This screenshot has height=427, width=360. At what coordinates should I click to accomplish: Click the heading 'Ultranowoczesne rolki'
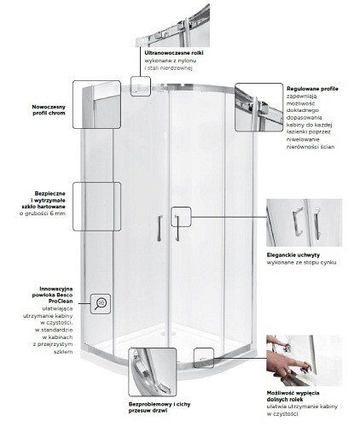174,53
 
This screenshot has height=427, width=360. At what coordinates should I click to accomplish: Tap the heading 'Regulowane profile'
312,89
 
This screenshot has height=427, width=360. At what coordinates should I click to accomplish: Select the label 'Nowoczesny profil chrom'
49,110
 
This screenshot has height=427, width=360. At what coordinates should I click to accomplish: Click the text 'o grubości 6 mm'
43,213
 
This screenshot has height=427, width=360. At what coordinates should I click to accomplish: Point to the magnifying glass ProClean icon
101,304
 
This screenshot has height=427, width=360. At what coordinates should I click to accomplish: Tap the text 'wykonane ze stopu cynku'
301,262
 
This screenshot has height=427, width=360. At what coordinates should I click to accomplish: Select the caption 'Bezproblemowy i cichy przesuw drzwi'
160,407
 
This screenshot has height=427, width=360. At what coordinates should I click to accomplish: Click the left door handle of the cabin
160,229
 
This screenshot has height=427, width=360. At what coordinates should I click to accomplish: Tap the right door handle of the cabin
177,228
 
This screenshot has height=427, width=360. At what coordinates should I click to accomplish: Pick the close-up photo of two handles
304,223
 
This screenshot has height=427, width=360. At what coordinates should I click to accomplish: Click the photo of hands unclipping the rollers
304,360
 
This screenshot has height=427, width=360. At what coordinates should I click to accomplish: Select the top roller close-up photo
172,26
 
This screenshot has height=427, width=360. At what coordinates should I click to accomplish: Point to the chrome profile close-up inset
96,104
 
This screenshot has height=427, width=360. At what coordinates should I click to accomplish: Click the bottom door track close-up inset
153,372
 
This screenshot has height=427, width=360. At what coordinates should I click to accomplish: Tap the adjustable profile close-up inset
259,108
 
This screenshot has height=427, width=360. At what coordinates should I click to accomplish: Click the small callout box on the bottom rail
204,358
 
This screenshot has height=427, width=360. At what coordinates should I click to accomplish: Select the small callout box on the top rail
141,86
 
